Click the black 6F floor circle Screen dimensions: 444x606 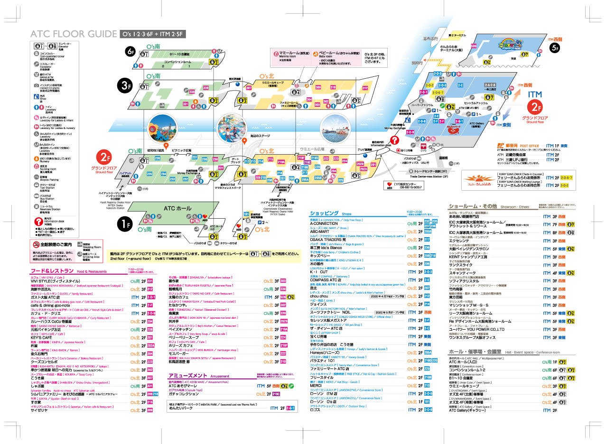(x=131, y=51)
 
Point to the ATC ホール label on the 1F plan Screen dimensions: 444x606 (x=177, y=208)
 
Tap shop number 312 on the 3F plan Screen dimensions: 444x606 (x=365, y=88)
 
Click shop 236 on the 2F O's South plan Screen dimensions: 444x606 (x=158, y=158)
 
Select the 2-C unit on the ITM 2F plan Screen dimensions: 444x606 (x=460, y=85)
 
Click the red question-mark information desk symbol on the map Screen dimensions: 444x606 (x=394, y=140)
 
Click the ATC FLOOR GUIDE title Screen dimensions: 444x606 (x=73, y=34)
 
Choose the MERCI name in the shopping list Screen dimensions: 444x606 (x=317, y=385)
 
